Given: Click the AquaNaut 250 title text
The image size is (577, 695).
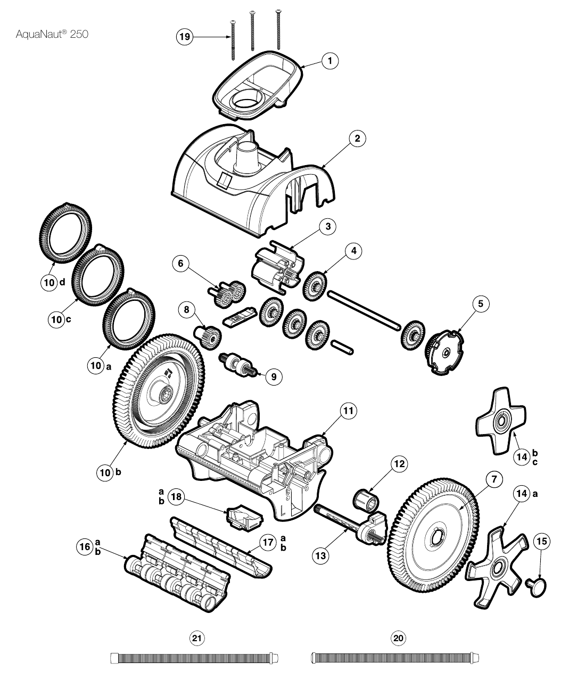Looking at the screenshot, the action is point(52,34).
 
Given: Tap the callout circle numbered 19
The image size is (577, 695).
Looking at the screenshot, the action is point(185,36).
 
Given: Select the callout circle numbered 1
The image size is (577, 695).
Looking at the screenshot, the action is point(330,61).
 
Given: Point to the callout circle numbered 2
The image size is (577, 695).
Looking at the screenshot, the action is point(357,138).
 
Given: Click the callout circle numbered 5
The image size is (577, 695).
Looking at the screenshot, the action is point(481,304).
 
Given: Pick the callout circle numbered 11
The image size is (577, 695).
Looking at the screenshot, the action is point(348,411).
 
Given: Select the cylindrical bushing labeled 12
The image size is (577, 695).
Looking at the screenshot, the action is point(365,501).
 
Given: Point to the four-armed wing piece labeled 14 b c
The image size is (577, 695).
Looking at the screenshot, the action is point(501,421).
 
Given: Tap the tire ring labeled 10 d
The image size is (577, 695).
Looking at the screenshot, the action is point(65,233).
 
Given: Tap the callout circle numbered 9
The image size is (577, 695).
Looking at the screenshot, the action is point(274,377).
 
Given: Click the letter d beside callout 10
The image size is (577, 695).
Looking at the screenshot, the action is point(62,282).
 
